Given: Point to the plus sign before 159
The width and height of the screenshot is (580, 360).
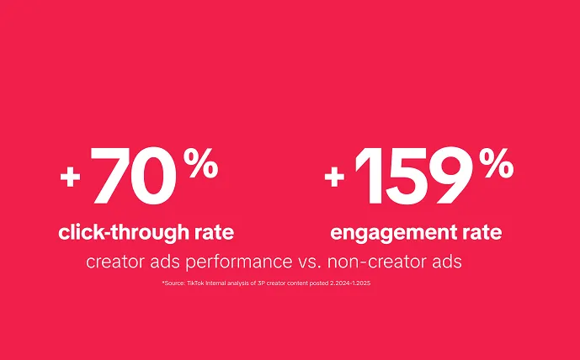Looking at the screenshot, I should (x=335, y=177).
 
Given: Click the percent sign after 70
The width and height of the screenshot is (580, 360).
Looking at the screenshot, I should (x=200, y=164).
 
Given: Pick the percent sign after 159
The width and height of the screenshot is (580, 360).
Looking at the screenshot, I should (x=496, y=164).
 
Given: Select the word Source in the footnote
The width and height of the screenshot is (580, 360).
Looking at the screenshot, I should (x=173, y=284).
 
